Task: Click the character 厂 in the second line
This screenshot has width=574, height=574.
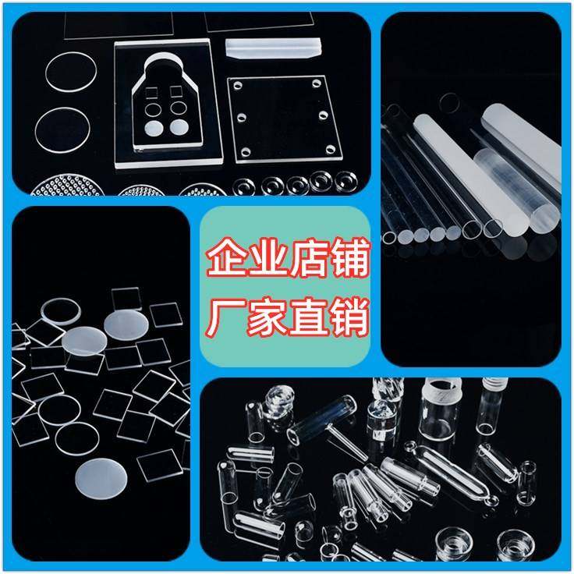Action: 225,319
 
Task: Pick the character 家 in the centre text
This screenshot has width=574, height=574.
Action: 265,319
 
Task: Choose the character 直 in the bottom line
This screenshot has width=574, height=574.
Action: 305,319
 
